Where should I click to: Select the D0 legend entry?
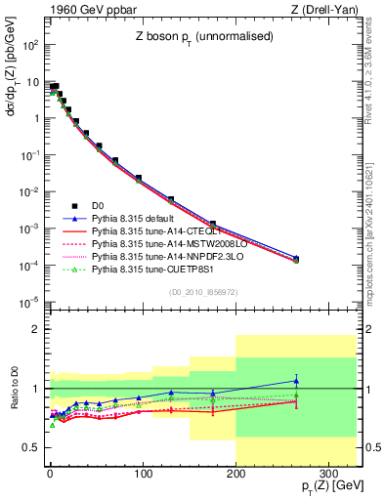tap(97, 206)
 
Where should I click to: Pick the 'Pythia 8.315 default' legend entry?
tap(138, 221)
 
